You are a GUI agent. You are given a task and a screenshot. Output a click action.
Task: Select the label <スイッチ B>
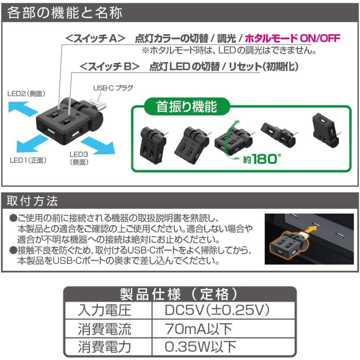pos(110,66)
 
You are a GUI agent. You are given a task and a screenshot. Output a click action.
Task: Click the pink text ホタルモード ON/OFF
pos(292,38)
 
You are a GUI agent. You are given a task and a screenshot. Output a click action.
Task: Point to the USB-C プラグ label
pos(112,88)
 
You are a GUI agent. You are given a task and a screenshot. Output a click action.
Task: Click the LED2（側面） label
pos(26,94)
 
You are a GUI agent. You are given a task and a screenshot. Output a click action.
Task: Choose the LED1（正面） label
pos(28,160)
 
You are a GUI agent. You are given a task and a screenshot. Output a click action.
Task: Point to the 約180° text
pos(262,159)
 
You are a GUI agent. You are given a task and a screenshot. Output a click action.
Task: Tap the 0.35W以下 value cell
pos(200,346)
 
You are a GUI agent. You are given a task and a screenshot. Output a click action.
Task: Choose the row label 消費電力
pos(104,346)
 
